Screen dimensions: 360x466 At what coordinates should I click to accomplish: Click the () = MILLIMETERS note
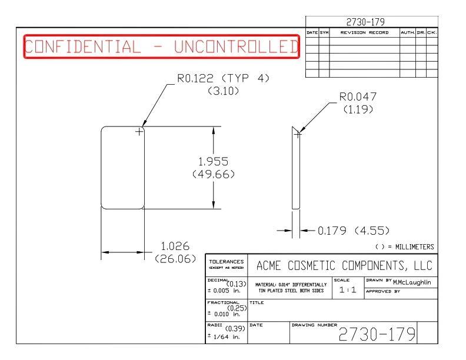pos(405,246)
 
